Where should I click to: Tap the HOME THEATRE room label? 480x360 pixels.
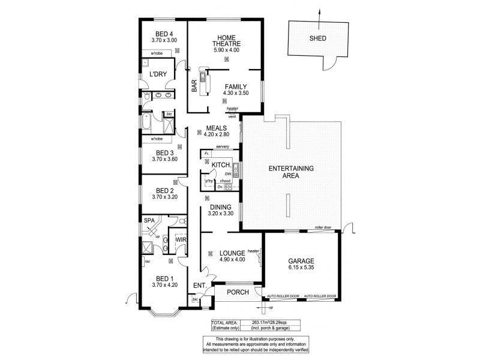pyautogui.click(x=226, y=42)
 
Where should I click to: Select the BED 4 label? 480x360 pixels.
pyautogui.click(x=164, y=34)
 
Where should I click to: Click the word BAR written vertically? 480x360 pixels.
pyautogui.click(x=194, y=87)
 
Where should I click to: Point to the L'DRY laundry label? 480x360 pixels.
pyautogui.click(x=157, y=74)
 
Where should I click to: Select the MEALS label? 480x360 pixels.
pyautogui.click(x=216, y=128)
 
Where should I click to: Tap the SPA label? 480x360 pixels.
pyautogui.click(x=149, y=221)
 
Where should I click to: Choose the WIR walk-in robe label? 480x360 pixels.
pyautogui.click(x=180, y=240)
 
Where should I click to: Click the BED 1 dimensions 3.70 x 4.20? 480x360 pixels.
pyautogui.click(x=163, y=286)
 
